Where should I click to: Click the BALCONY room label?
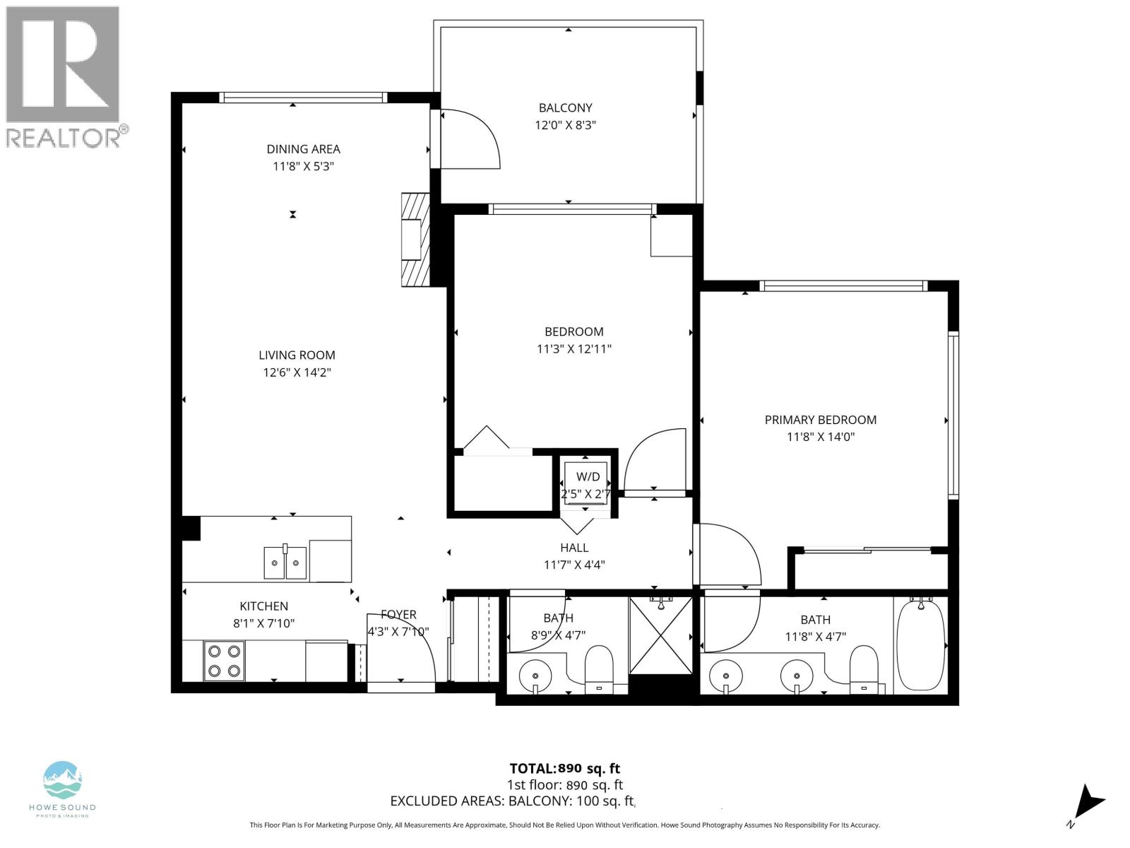565,108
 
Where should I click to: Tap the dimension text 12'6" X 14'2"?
297,372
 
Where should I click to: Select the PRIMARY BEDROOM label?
820,420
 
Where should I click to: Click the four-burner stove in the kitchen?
224,661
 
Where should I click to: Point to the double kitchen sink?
285,563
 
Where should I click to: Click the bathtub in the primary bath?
920,643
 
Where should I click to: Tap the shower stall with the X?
660,635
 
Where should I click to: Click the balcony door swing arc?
471,139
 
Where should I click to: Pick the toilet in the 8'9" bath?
600,668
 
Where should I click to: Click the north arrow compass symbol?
1088,804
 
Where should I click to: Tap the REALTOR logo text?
67,136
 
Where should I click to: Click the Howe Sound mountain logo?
62,779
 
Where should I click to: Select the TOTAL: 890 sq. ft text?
564,769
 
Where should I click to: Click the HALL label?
574,548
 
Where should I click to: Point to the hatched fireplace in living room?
415,240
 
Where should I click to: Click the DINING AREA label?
303,149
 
